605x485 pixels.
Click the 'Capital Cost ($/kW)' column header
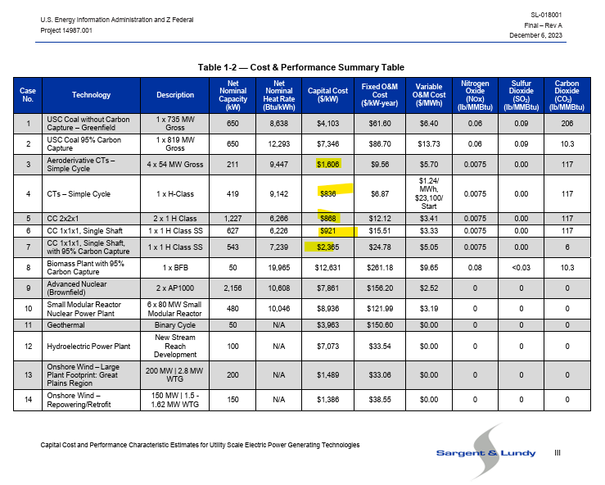[x=327, y=95]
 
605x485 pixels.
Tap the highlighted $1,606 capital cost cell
[x=327, y=164]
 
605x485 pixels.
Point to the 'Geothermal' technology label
[x=66, y=324]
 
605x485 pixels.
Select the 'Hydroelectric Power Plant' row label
[x=88, y=347]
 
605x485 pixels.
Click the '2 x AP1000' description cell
[x=175, y=288]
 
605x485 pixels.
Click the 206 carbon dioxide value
[x=567, y=123]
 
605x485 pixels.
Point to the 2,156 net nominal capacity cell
[x=233, y=288]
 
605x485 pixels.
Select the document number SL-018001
[x=545, y=15]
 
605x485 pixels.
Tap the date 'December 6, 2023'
[x=535, y=35]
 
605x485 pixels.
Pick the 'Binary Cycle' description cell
[x=175, y=324]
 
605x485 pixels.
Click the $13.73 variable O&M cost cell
[x=429, y=144]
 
